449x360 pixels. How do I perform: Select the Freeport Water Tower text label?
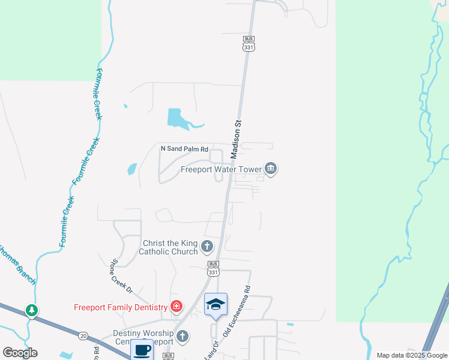(222, 169)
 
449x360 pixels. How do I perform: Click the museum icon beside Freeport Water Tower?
(271, 169)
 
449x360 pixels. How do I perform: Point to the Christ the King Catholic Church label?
(168, 247)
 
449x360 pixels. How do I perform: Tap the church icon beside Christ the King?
(207, 246)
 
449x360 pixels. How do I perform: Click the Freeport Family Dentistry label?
(120, 308)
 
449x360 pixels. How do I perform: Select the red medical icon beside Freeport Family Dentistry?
(176, 307)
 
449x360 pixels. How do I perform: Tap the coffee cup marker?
(142, 349)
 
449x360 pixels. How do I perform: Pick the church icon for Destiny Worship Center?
(182, 337)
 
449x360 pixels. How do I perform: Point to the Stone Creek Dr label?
(121, 275)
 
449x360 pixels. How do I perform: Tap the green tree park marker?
(32, 311)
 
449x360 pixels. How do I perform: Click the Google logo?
(20, 353)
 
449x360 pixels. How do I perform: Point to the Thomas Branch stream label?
(19, 264)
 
